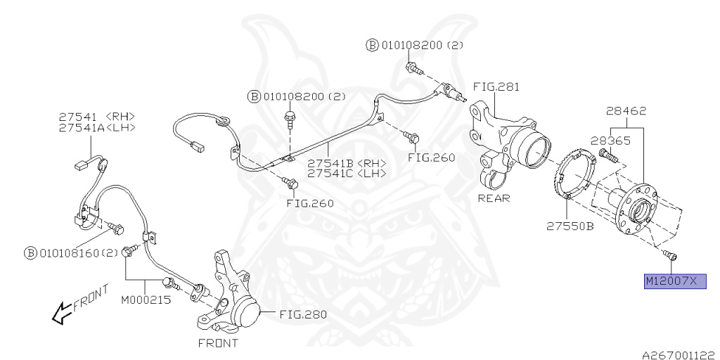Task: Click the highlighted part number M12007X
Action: [x=671, y=282]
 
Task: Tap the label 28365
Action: [x=610, y=140]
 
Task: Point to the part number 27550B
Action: [x=570, y=226]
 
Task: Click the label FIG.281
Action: [x=496, y=87]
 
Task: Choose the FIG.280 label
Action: [x=303, y=314]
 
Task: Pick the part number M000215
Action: [x=145, y=300]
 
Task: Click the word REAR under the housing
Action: [x=494, y=198]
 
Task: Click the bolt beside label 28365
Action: [x=607, y=155]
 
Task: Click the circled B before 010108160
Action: [x=31, y=252]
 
